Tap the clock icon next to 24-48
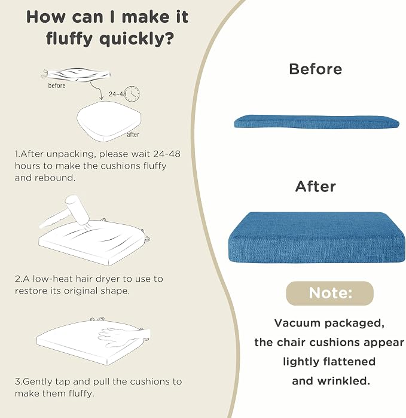[132, 93]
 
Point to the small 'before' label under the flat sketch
[57, 86]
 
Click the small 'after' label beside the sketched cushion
[133, 135]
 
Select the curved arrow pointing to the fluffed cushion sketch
[97, 91]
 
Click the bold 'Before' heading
[315, 69]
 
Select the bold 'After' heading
[315, 187]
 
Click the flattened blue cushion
[316, 122]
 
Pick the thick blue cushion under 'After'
[317, 237]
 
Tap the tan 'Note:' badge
[329, 293]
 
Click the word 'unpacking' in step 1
[71, 154]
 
